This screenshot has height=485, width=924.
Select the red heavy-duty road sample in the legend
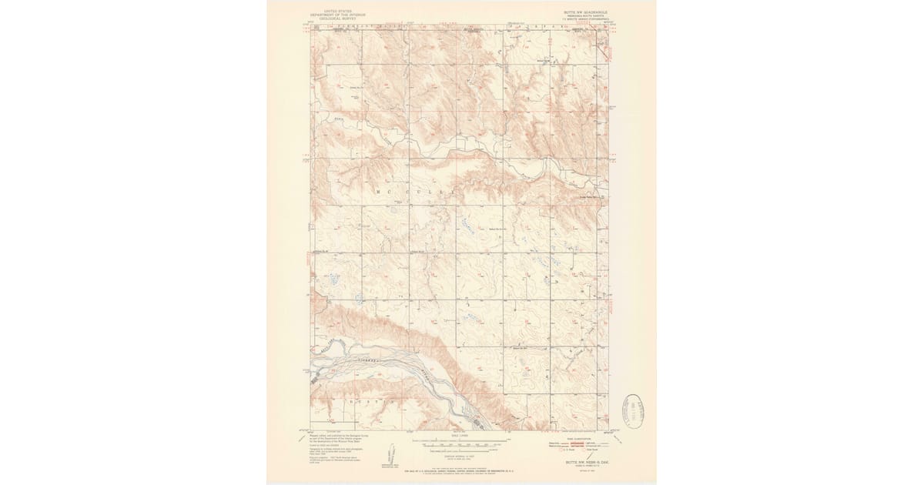click(x=570, y=442)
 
